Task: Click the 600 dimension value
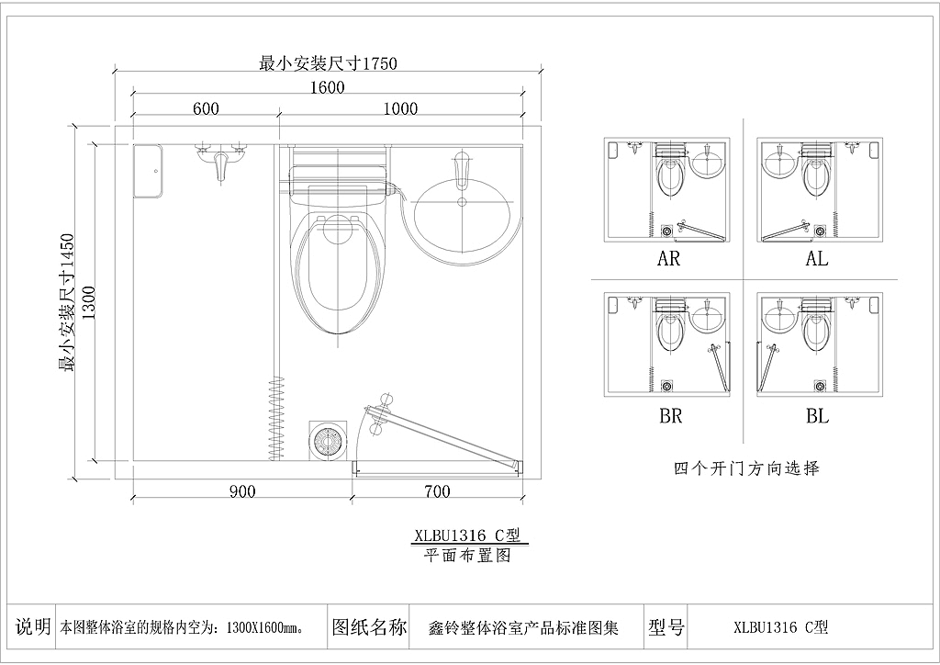point(206,108)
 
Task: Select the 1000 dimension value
point(400,108)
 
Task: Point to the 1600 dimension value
point(328,87)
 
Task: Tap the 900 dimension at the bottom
point(242,491)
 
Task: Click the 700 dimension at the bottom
point(437,491)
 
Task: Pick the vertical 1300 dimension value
point(87,303)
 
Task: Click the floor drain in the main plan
point(328,441)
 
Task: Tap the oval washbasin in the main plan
point(463,217)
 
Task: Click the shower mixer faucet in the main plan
point(220,159)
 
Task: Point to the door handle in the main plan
point(379,413)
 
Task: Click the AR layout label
point(668,259)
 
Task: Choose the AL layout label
point(816,259)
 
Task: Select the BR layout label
point(670,415)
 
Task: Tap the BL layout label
point(817,415)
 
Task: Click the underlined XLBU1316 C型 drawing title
point(468,535)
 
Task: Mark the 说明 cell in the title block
point(32,626)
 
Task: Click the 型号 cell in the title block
point(666,627)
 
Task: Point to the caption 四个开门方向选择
point(746,468)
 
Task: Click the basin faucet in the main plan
point(461,171)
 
